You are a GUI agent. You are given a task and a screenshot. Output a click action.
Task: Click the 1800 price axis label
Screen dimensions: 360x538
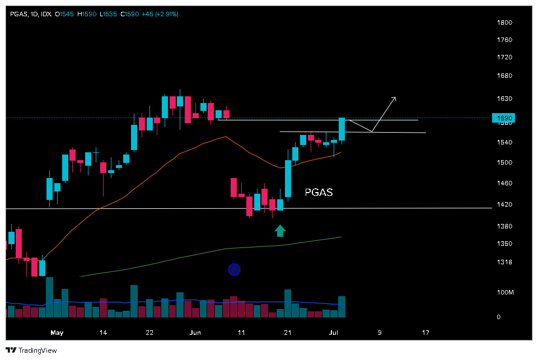pos(505,22)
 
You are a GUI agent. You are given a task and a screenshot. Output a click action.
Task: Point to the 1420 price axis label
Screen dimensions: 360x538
pos(505,204)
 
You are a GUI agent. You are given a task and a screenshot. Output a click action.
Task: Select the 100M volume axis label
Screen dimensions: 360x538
pos(506,292)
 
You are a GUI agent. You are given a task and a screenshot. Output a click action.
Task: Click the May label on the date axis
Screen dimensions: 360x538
pos(57,333)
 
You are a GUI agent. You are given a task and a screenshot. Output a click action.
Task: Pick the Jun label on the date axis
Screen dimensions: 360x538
pos(195,333)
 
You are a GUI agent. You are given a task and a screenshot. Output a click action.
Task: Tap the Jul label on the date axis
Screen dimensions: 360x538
pos(334,333)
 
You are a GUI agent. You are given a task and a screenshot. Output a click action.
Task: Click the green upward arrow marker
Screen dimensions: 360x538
pos(280,230)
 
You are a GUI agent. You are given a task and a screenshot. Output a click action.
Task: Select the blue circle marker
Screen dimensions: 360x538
pos(235,270)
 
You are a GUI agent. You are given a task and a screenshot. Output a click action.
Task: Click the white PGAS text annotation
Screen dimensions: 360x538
pos(319,193)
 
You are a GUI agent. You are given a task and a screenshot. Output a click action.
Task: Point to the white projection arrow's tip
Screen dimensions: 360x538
pos(396,97)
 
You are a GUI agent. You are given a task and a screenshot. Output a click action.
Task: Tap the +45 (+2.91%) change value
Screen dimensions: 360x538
pos(158,14)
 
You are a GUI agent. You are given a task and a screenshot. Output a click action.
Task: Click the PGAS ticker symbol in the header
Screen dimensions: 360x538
pos(18,14)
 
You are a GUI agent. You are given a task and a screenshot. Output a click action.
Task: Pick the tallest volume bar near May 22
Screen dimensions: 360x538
pos(134,301)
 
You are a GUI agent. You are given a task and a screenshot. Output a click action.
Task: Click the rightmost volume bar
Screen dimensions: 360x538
pos(341,307)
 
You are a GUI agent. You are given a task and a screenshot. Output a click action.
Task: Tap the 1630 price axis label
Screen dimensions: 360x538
pos(505,99)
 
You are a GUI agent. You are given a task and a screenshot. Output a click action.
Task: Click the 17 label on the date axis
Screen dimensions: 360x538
pos(425,333)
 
